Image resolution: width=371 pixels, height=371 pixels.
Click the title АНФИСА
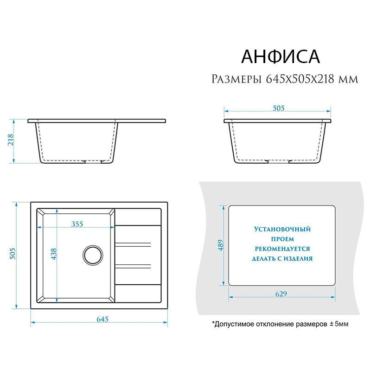(x=281, y=57)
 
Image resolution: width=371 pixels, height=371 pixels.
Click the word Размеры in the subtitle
(x=237, y=79)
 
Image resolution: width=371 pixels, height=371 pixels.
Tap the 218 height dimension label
(x=11, y=140)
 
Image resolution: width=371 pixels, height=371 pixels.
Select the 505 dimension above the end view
(x=279, y=108)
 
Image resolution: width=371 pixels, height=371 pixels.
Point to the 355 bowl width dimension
(x=77, y=224)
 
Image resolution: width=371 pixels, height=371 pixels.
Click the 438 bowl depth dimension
(x=54, y=254)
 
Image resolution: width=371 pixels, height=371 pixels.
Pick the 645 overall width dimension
(x=102, y=319)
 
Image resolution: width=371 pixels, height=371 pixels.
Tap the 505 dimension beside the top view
(x=13, y=253)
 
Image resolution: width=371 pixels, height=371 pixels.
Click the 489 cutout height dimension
(x=221, y=245)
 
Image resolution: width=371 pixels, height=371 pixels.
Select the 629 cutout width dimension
(x=281, y=294)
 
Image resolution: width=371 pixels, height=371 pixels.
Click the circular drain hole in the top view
(x=93, y=255)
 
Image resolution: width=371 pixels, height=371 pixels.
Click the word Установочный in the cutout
(x=282, y=229)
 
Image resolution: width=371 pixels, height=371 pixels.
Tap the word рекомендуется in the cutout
(x=282, y=249)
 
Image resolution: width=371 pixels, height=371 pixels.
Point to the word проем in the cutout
(x=282, y=239)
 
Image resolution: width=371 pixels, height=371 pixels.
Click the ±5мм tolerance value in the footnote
(x=339, y=324)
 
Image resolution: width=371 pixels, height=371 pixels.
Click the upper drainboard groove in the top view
(x=133, y=245)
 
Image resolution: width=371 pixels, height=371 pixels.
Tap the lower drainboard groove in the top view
(x=133, y=266)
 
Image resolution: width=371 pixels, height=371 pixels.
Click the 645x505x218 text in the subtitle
(x=301, y=79)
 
